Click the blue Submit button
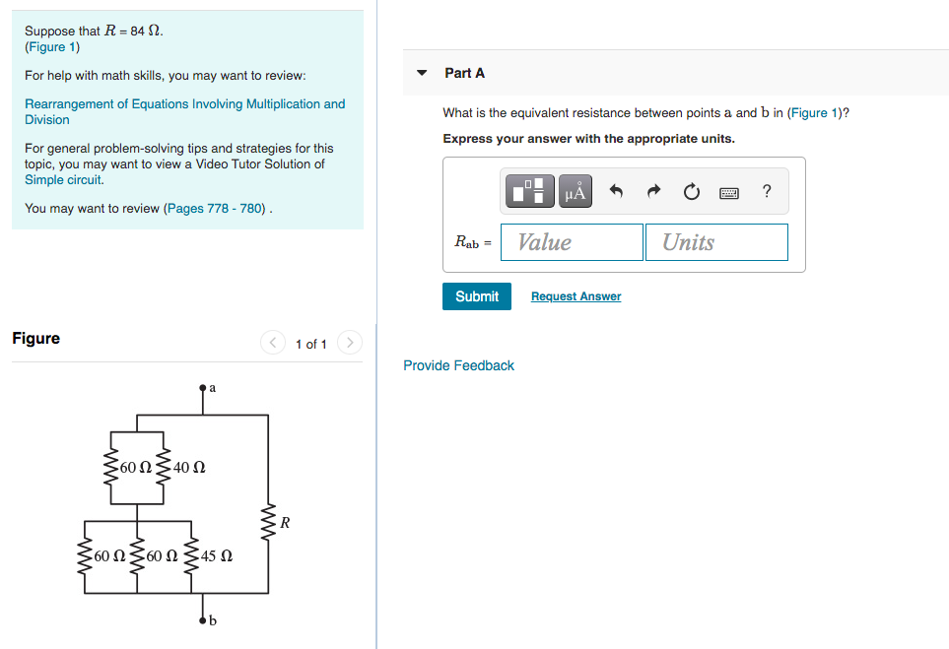pyautogui.click(x=477, y=296)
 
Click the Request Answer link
pyautogui.click(x=576, y=296)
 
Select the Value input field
pyautogui.click(x=572, y=242)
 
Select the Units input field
pyautogui.click(x=716, y=242)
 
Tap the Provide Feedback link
pyautogui.click(x=458, y=365)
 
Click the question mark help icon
pyautogui.click(x=767, y=191)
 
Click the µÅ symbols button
pyautogui.click(x=576, y=191)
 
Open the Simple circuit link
pyautogui.click(x=64, y=180)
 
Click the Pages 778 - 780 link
pyautogui.click(x=216, y=209)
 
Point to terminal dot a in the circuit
pyautogui.click(x=203, y=389)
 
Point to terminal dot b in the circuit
pyautogui.click(x=203, y=619)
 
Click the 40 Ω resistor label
pyautogui.click(x=189, y=467)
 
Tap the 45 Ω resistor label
pyautogui.click(x=217, y=556)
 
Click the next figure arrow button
pyautogui.click(x=350, y=343)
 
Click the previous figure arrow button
pyautogui.click(x=273, y=343)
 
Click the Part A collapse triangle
pyautogui.click(x=422, y=73)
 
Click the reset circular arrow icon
pyautogui.click(x=691, y=192)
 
